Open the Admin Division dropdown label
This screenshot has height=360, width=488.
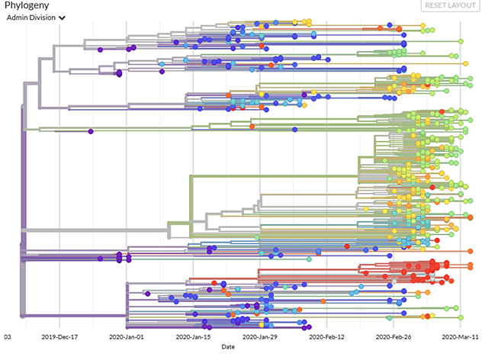[x=30, y=18]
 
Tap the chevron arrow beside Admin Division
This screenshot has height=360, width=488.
[x=61, y=18]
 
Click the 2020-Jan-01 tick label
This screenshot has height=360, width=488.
[x=127, y=336]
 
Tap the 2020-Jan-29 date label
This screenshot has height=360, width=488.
[x=261, y=336]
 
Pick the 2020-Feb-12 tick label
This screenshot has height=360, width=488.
[x=327, y=336]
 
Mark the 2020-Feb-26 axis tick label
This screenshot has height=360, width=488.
[x=393, y=336]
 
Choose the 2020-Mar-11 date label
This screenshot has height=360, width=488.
[x=460, y=336]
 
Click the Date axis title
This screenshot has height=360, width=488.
[x=229, y=348]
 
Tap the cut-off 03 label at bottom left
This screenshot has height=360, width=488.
[x=7, y=336]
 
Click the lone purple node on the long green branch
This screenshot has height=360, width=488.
[x=91, y=132]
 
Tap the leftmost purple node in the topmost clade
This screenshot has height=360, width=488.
[x=100, y=50]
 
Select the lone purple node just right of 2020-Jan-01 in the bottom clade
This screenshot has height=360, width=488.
[x=147, y=293]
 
